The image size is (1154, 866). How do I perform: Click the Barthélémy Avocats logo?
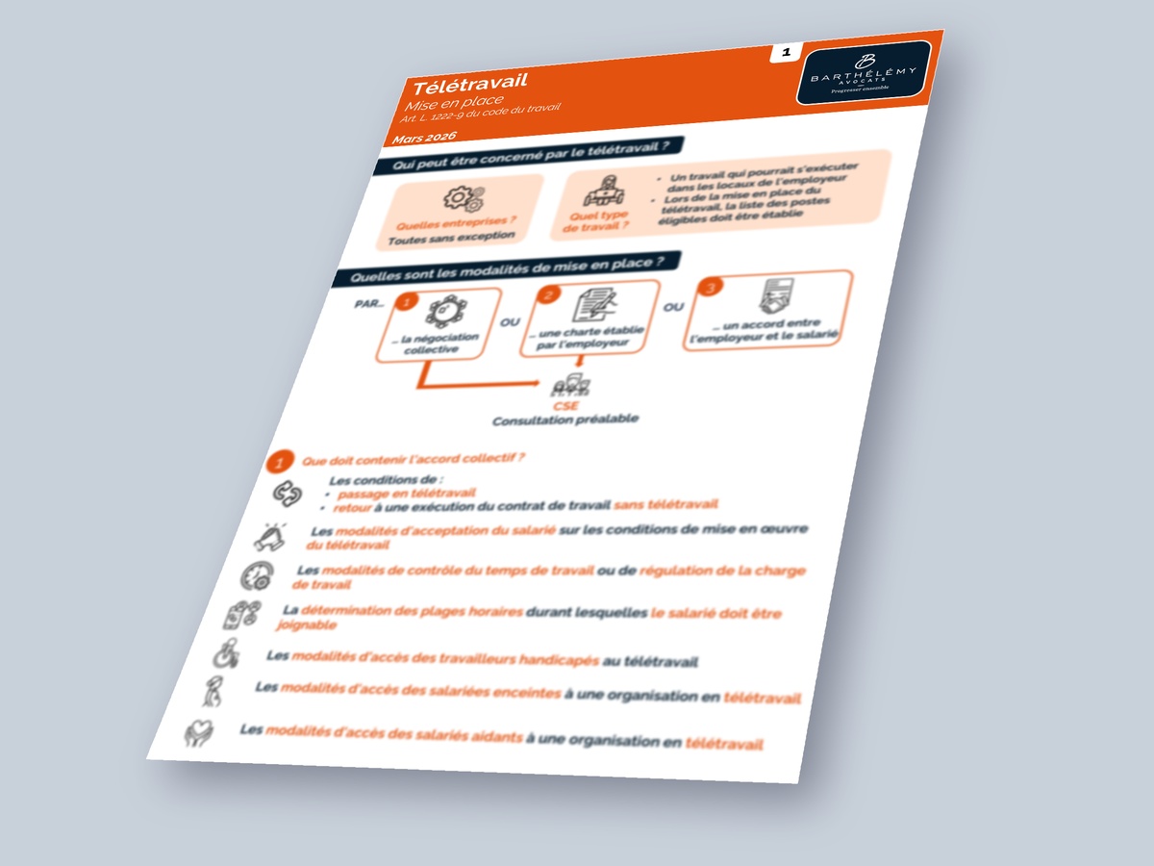(x=863, y=73)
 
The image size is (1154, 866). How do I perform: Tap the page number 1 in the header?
(x=786, y=54)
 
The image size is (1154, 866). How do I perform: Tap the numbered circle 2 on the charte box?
(x=549, y=295)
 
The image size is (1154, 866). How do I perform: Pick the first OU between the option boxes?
(x=510, y=322)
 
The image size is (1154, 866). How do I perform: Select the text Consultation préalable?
(x=565, y=420)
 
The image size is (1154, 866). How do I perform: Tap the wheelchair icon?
(x=223, y=654)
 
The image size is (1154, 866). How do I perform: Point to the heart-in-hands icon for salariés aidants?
(x=199, y=733)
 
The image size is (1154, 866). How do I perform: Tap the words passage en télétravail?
(x=386, y=493)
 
